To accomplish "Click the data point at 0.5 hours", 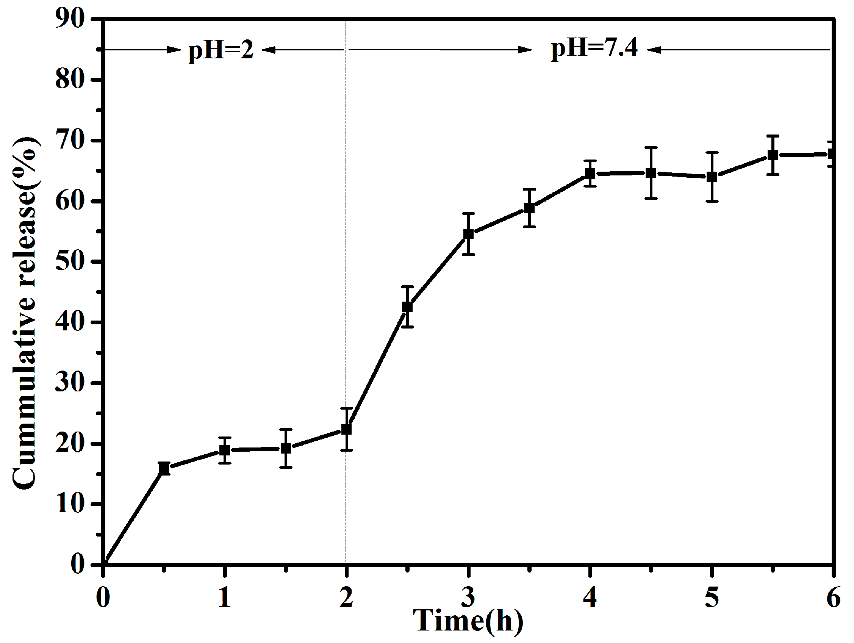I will [164, 468].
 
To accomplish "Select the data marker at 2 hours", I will [346, 429].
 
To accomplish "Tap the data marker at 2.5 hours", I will [407, 307].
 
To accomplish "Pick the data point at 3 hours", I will [468, 234].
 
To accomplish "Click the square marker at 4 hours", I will [590, 174].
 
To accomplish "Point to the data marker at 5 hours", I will [712, 177].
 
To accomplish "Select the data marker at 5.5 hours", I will [773, 155].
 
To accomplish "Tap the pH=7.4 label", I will [594, 48].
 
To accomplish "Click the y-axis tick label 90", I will [70, 19].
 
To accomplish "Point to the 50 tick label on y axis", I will [70, 262].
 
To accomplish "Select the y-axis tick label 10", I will [70, 504].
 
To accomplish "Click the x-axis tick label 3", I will [468, 598].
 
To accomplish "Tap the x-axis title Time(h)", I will [468, 621].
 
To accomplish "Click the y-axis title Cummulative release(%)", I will [24, 313].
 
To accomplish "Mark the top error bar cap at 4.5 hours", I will [651, 147].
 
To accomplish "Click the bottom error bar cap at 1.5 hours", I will [286, 467].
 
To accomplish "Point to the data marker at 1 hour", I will [225, 450].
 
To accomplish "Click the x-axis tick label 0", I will [103, 598].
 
